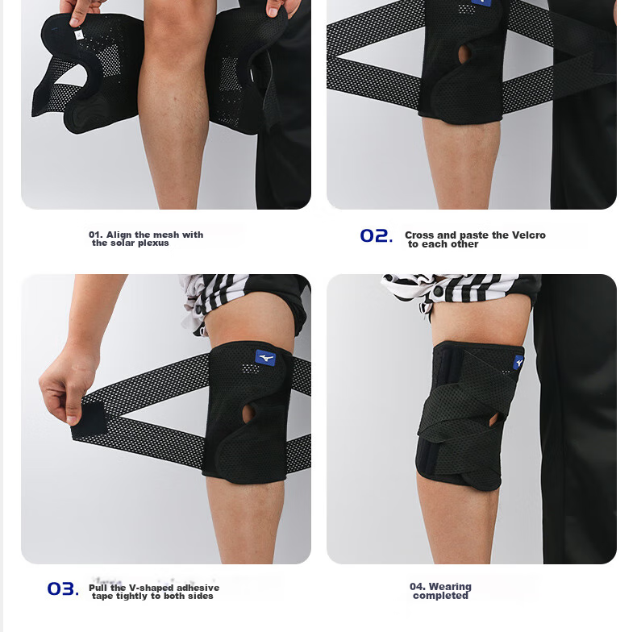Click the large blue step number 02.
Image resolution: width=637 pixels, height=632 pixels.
(x=377, y=235)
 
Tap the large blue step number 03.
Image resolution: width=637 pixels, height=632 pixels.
(x=63, y=588)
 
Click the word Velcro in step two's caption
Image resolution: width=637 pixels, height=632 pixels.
(x=528, y=235)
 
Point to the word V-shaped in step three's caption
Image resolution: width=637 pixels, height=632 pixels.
(x=151, y=588)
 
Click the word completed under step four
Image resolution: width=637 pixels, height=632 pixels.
(x=440, y=596)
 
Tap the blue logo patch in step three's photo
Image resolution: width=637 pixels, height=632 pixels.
(x=265, y=358)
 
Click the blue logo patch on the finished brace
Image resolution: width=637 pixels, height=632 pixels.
(x=518, y=362)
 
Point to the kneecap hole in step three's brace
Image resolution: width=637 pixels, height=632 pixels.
(x=248, y=413)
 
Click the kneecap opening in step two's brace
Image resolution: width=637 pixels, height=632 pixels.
(x=464, y=55)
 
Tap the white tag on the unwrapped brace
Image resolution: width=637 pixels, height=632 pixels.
(x=79, y=35)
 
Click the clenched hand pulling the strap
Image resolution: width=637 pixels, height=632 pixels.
(x=67, y=386)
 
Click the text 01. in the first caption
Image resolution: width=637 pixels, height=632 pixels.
(x=95, y=235)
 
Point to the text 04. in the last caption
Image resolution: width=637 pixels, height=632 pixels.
(x=417, y=587)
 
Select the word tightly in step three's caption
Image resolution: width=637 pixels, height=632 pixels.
(x=132, y=596)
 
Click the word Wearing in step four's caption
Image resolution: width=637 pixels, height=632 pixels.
(x=450, y=587)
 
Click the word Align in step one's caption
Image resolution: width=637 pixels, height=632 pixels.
(x=119, y=235)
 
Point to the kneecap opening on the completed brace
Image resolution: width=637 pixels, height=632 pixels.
(x=494, y=419)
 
